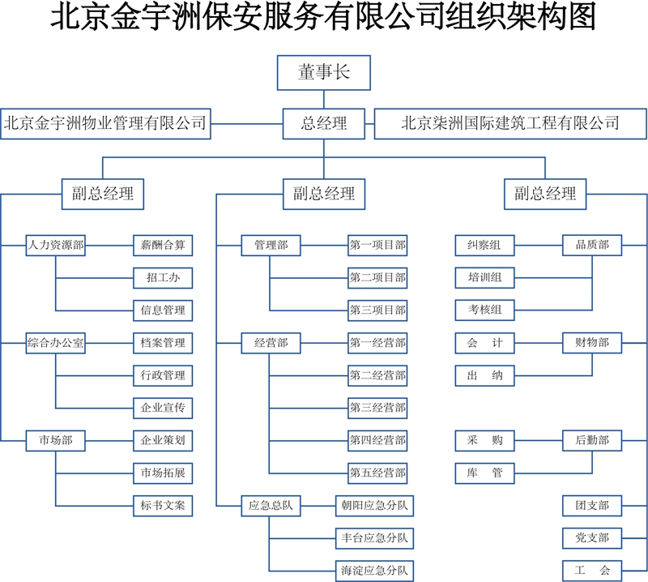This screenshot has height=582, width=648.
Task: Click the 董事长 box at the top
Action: pyautogui.click(x=324, y=73)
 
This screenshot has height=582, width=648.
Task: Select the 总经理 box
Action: pyautogui.click(x=324, y=123)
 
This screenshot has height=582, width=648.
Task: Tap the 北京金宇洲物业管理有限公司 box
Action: pyautogui.click(x=106, y=123)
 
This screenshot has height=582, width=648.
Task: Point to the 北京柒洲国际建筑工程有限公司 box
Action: pyautogui.click(x=510, y=123)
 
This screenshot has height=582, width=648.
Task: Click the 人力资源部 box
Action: pyautogui.click(x=55, y=245)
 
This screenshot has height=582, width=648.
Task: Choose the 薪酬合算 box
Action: pyautogui.click(x=163, y=245)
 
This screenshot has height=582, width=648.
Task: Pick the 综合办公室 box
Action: pyautogui.click(x=55, y=343)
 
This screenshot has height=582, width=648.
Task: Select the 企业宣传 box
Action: pyautogui.click(x=163, y=408)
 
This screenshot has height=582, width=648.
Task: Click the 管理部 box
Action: pyautogui.click(x=271, y=245)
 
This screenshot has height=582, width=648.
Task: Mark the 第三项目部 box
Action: pyautogui.click(x=378, y=310)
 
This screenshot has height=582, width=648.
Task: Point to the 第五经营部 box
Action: pyautogui.click(x=378, y=472)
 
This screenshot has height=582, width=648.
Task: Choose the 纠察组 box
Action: pyautogui.click(x=484, y=245)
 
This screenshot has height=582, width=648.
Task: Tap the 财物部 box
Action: pyautogui.click(x=591, y=343)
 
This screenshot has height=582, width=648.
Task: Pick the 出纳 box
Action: pyautogui.click(x=484, y=375)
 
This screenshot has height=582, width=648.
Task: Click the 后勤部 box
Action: pyautogui.click(x=591, y=440)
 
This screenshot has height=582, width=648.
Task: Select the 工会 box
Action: pyautogui.click(x=591, y=570)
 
